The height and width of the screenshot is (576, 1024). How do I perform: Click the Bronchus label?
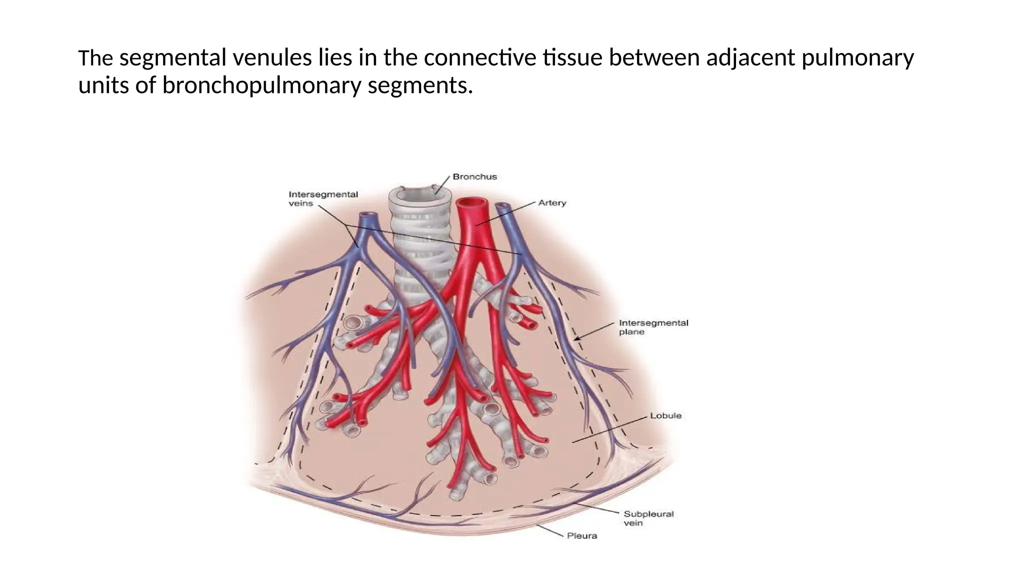(474, 176)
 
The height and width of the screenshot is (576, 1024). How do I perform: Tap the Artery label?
(552, 203)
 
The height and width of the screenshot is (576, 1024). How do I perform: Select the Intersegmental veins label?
(323, 198)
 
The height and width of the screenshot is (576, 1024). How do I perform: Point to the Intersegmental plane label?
(653, 327)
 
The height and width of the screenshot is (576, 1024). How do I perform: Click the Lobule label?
(665, 415)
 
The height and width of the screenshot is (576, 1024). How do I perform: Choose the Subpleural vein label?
(648, 518)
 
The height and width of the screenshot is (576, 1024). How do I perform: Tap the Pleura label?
(581, 536)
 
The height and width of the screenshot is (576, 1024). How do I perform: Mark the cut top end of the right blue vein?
(501, 205)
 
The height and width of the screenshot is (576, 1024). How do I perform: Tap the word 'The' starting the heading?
(95, 58)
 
